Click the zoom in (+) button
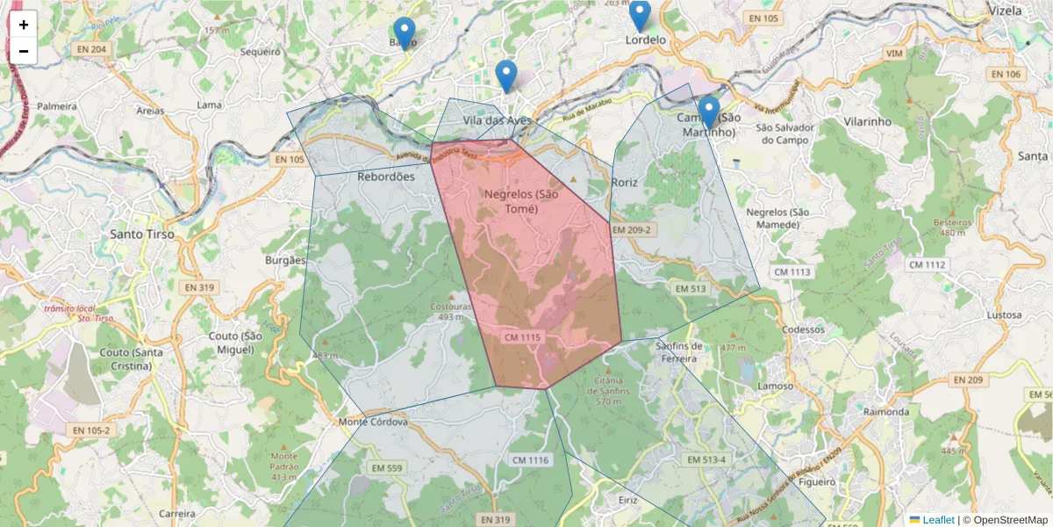[x=24, y=25]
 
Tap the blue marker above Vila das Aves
[x=505, y=76]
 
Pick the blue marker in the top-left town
[x=404, y=32]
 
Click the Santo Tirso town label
[x=142, y=235]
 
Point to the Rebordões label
[x=386, y=177]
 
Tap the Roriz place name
[x=624, y=183]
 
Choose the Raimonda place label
[x=886, y=412]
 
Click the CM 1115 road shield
[x=525, y=337]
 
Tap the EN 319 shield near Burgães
[x=200, y=287]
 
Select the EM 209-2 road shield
[x=633, y=230]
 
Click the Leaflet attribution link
[x=938, y=520]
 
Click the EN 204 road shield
[x=90, y=49]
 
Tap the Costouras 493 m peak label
[x=451, y=311]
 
